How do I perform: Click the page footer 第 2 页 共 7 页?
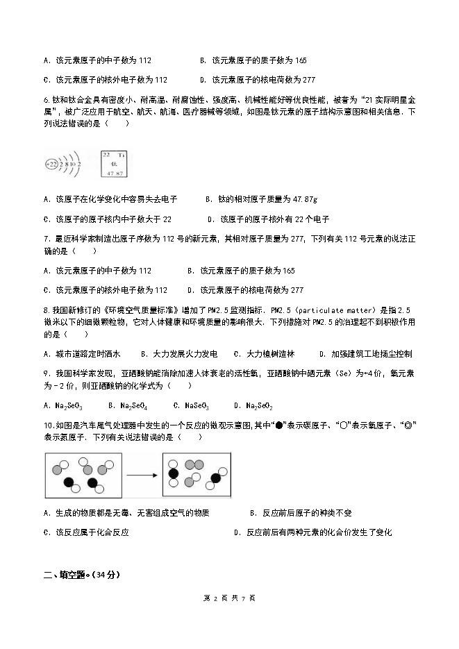tap(230, 598)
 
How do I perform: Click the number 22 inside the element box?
tap(106, 155)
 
